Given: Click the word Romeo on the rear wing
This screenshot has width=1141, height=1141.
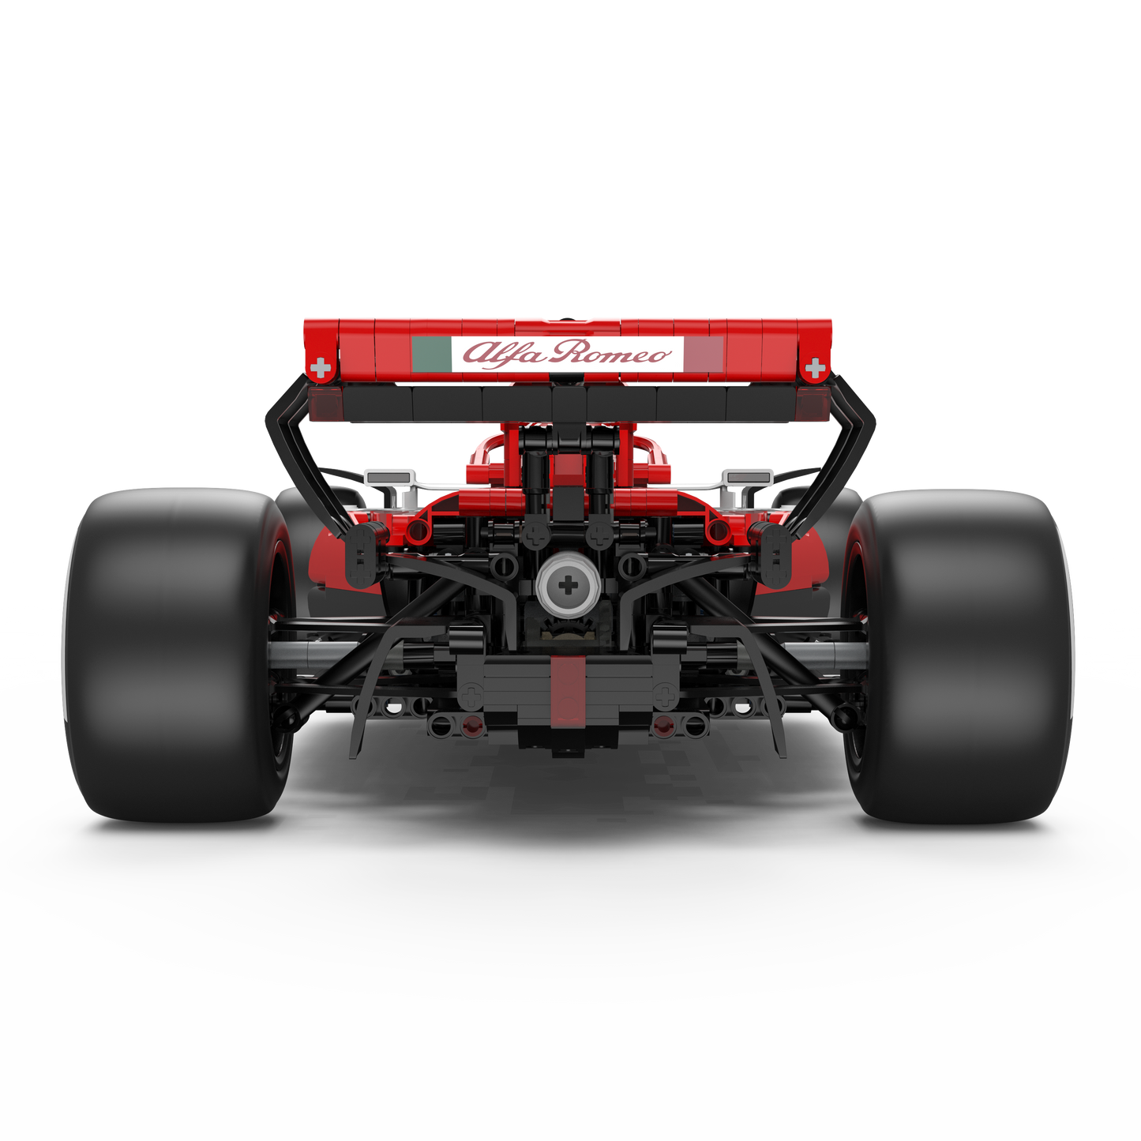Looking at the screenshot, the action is (x=610, y=353).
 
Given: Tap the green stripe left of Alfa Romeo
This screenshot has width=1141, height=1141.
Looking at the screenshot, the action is (x=431, y=355).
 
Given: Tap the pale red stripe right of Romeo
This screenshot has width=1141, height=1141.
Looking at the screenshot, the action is (x=704, y=355).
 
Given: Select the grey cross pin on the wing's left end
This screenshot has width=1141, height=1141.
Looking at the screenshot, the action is (x=321, y=368).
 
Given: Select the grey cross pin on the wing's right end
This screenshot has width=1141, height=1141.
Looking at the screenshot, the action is (x=816, y=368).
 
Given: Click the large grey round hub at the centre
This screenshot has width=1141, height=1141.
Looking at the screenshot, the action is (x=568, y=586).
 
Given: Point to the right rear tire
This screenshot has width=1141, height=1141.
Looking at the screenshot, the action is (x=959, y=655).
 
